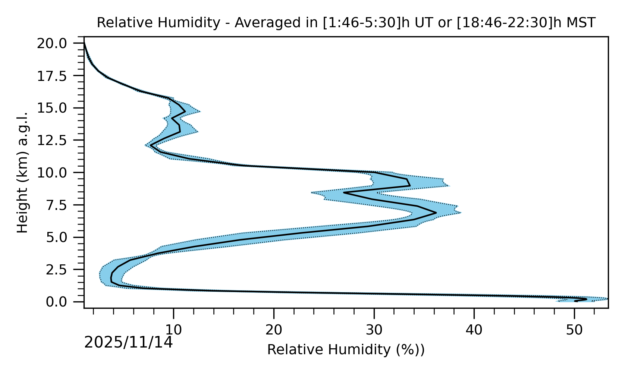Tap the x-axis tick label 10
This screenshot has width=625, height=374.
pos(173,330)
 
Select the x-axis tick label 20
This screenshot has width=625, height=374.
pos(274,330)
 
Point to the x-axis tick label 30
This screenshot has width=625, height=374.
pos(374,330)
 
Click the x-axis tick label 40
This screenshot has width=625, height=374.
pos(474,330)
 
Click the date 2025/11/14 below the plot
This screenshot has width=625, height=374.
pos(129,342)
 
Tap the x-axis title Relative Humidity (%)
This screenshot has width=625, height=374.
pos(346,350)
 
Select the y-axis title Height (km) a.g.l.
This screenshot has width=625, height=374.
pos(23,172)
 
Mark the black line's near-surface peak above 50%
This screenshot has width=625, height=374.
pos(586,299)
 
